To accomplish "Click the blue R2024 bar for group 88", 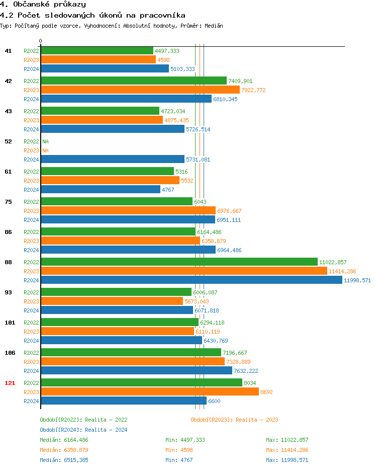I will click(x=191, y=280).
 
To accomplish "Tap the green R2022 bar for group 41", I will click(x=97, y=51).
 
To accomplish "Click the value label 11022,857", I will click(x=333, y=262).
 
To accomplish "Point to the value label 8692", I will click(x=266, y=392).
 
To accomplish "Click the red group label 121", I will click(x=10, y=383).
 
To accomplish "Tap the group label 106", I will click(x=10, y=353).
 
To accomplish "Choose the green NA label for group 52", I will click(x=45, y=141).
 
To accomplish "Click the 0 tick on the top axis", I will click(x=41, y=41).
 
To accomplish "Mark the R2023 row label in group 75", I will click(x=31, y=211).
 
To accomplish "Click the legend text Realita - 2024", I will click(x=106, y=430).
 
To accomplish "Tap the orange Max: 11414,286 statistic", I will click(x=287, y=450).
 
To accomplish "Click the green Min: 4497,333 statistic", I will click(x=185, y=440).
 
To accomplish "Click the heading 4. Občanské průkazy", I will click(x=43, y=5).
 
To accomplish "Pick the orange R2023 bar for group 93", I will click(x=112, y=301).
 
